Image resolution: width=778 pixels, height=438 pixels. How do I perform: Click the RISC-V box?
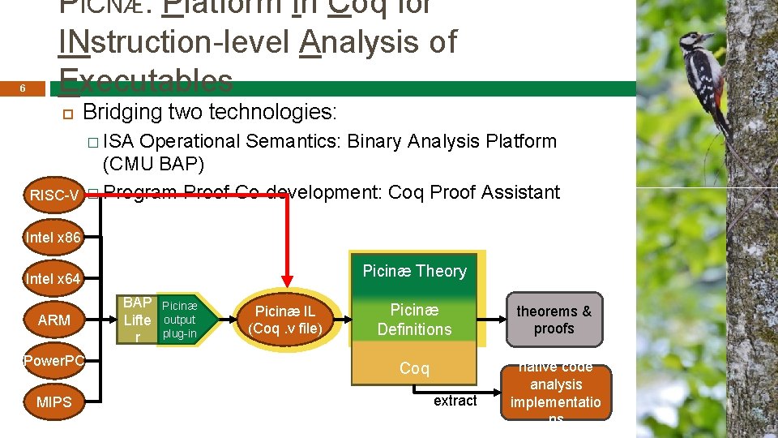53,195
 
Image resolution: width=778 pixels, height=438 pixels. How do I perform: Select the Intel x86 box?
53,238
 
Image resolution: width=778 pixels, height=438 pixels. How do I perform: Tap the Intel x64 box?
53,279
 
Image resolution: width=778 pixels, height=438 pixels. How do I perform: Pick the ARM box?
53,320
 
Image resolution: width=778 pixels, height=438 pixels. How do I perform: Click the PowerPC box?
53,361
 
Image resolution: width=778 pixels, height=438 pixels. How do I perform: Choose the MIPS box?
53,402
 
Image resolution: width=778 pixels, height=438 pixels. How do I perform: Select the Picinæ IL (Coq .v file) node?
285,320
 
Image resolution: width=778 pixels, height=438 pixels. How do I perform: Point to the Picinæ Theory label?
414,271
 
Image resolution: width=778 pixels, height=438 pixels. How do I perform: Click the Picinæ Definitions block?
414,320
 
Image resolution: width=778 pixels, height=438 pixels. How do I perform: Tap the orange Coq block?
414,369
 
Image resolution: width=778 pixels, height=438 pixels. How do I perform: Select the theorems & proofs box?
554,320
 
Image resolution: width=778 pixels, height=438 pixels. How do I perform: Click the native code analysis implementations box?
556,392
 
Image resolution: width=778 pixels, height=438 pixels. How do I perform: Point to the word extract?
455,401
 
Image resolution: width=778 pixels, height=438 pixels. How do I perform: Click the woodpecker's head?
695,40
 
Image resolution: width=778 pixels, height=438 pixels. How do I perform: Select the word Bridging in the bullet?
122,111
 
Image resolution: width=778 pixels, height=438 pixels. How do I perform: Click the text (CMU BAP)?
154,165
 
